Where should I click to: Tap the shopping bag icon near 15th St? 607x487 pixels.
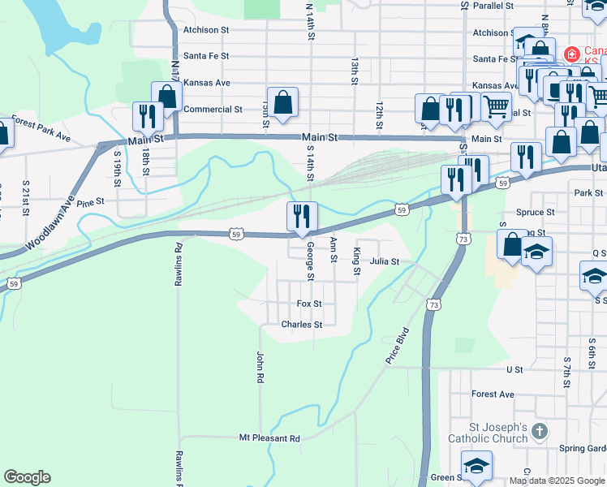click(x=282, y=103)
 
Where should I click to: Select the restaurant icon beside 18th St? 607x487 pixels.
click(x=147, y=116)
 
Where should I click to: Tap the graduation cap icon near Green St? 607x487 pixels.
click(x=476, y=465)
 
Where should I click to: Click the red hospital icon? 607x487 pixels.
click(x=572, y=54)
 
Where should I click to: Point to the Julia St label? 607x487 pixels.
click(x=385, y=261)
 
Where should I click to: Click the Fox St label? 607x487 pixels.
click(x=309, y=304)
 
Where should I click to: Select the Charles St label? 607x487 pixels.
click(x=302, y=324)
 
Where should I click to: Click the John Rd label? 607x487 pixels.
click(x=260, y=367)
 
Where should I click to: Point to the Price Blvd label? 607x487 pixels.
click(x=398, y=346)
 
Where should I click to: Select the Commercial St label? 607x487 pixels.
click(x=213, y=109)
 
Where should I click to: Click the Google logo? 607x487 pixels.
click(x=27, y=477)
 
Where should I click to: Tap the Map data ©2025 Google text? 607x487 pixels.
click(x=556, y=481)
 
